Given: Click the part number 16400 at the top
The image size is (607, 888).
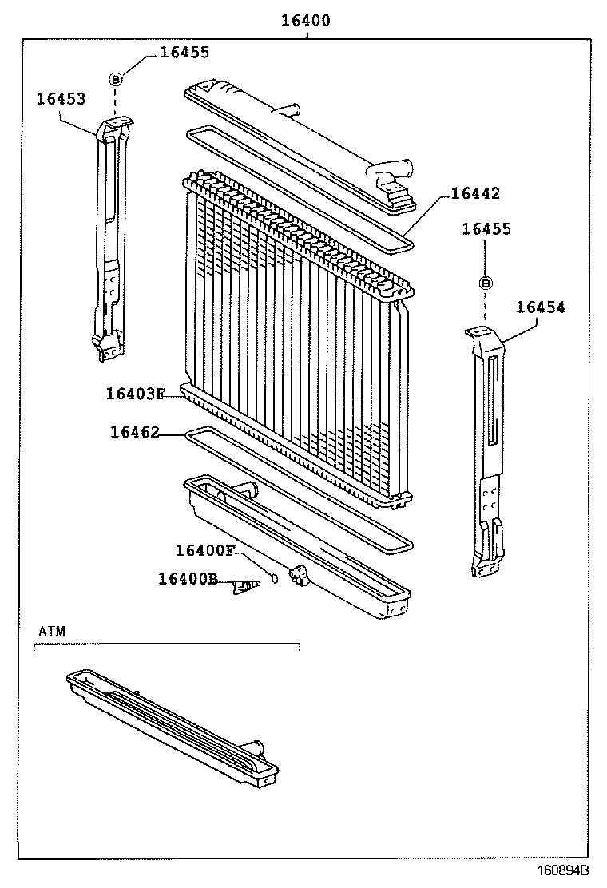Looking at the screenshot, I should pyautogui.click(x=305, y=21).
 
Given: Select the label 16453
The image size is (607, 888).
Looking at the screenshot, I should pyautogui.click(x=61, y=98).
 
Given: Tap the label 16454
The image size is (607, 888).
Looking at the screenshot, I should pyautogui.click(x=540, y=307).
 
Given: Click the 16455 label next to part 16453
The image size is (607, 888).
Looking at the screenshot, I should pyautogui.click(x=184, y=53).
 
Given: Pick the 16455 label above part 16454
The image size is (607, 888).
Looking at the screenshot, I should pyautogui.click(x=486, y=229).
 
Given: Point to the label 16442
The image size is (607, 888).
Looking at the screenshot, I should pyautogui.click(x=475, y=193).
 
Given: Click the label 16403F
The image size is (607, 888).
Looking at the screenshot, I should pyautogui.click(x=134, y=394).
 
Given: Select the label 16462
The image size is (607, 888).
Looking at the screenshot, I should pyautogui.click(x=134, y=432).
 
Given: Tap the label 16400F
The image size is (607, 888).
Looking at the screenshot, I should pyautogui.click(x=205, y=550).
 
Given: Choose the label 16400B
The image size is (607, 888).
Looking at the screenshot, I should pyautogui.click(x=187, y=578).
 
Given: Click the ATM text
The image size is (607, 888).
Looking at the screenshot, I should pyautogui.click(x=52, y=631).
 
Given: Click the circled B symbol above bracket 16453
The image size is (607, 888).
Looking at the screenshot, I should pyautogui.click(x=116, y=78).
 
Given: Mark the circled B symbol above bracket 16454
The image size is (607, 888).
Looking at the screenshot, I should pyautogui.click(x=486, y=283).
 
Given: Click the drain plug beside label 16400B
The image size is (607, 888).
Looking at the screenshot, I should pyautogui.click(x=244, y=588).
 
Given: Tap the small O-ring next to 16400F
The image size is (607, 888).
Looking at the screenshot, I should pyautogui.click(x=274, y=578).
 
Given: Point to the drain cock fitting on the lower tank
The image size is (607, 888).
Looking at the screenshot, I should pyautogui.click(x=299, y=576).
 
